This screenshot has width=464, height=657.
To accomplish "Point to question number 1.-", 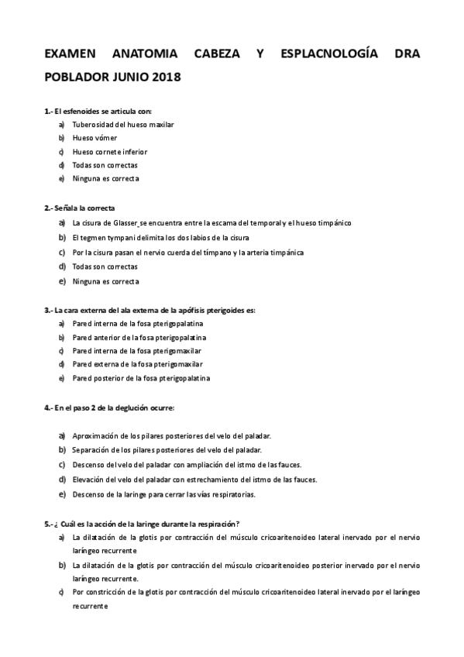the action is (x=49, y=111).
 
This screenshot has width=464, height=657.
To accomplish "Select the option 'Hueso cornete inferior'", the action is (x=109, y=152).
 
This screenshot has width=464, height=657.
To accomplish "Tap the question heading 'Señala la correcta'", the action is (x=84, y=208).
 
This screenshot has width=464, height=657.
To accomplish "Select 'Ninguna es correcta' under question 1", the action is (x=105, y=179).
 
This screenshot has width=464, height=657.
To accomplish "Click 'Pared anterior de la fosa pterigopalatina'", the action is (x=139, y=337).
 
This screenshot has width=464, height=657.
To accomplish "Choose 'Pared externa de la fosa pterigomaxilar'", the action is (x=137, y=363).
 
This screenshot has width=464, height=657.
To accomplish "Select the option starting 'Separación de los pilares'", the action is (x=166, y=449).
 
